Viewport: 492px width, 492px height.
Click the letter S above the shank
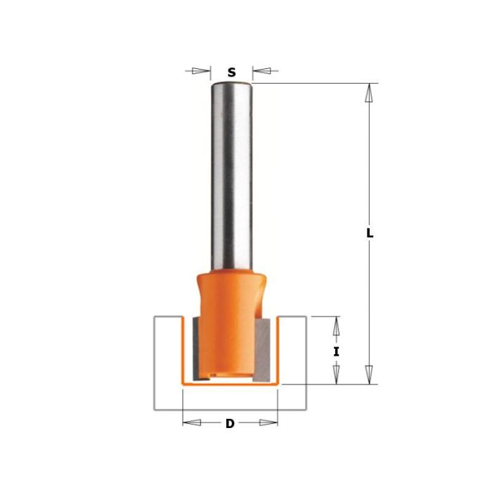tap(231, 72)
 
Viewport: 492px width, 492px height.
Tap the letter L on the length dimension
tap(370, 233)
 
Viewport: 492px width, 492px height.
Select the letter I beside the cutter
tap(337, 352)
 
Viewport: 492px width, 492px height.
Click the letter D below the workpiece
tap(230, 424)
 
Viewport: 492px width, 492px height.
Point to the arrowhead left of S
tap(201, 70)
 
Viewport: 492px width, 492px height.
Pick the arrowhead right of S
tap(261, 70)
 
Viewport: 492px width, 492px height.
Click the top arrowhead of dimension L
tap(369, 93)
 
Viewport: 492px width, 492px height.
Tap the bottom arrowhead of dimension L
tap(369, 375)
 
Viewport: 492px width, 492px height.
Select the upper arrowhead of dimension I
tap(337, 325)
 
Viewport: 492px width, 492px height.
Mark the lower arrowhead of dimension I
tap(337, 375)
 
